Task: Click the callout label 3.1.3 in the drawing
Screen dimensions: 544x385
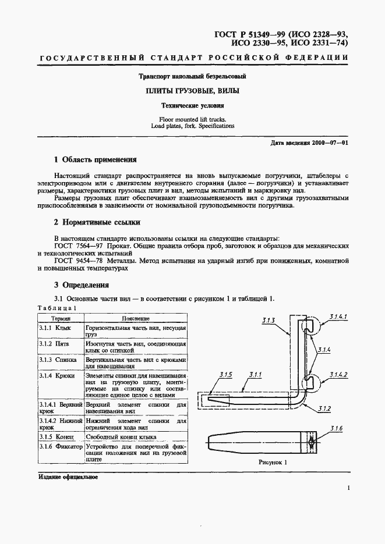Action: pyautogui.click(x=269, y=320)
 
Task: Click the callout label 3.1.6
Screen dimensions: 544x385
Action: pyautogui.click(x=336, y=429)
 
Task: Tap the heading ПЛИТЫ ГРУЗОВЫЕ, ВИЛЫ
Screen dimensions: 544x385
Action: pyautogui.click(x=192, y=91)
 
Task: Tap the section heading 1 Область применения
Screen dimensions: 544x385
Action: pyautogui.click(x=95, y=159)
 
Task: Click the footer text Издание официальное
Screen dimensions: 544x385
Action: pyautogui.click(x=68, y=477)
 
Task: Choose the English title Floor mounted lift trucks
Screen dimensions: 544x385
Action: pyautogui.click(x=192, y=119)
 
